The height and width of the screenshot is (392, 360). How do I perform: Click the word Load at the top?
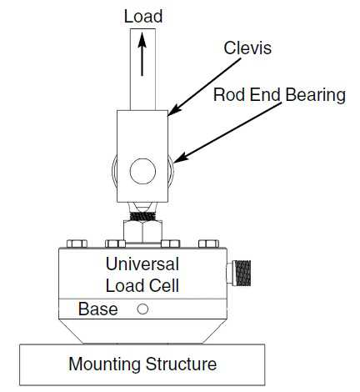(x=143, y=17)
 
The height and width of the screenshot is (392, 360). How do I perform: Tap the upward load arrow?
(x=142, y=54)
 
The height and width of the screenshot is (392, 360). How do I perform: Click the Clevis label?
(x=247, y=48)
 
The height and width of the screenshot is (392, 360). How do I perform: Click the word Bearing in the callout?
(x=316, y=96)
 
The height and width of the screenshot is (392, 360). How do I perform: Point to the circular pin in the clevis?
(x=142, y=171)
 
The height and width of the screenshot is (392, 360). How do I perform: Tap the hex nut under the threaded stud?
(x=142, y=231)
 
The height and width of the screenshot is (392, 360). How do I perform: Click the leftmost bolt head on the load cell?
(x=77, y=244)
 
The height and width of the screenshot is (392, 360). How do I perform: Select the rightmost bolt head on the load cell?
(x=209, y=244)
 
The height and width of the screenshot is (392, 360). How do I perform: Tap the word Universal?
(x=142, y=264)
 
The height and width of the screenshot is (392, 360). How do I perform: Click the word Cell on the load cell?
(x=164, y=285)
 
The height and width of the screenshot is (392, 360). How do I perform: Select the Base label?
(x=97, y=309)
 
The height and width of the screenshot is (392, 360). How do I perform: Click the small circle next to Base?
(x=142, y=309)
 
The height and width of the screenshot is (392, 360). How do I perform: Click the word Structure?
(x=181, y=364)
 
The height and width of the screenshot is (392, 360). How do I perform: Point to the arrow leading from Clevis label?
(x=204, y=87)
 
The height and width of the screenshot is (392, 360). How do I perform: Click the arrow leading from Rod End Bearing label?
(x=227, y=133)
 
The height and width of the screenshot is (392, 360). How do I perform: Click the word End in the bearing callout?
(x=265, y=95)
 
